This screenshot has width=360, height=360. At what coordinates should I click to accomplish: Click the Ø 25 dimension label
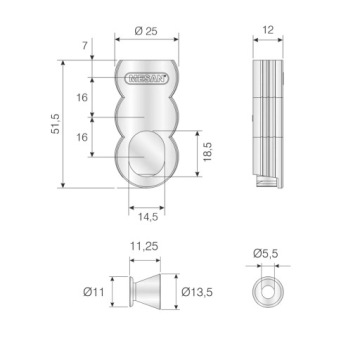click(x=146, y=31)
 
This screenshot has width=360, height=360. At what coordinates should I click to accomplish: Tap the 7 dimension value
click(x=85, y=45)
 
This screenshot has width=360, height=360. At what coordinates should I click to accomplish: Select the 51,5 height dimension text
click(x=55, y=124)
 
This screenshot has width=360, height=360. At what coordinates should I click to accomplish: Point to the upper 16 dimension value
click(x=82, y=98)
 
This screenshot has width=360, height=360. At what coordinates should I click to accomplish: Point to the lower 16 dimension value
click(x=82, y=137)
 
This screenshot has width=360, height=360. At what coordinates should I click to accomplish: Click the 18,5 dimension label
click(x=207, y=152)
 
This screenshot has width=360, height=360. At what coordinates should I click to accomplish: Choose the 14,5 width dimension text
click(x=148, y=217)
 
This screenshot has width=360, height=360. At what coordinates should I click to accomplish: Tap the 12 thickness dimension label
click(x=268, y=30)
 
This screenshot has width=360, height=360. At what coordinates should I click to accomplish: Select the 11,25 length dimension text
click(x=144, y=246)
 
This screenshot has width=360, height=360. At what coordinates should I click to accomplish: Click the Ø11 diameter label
click(x=94, y=292)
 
